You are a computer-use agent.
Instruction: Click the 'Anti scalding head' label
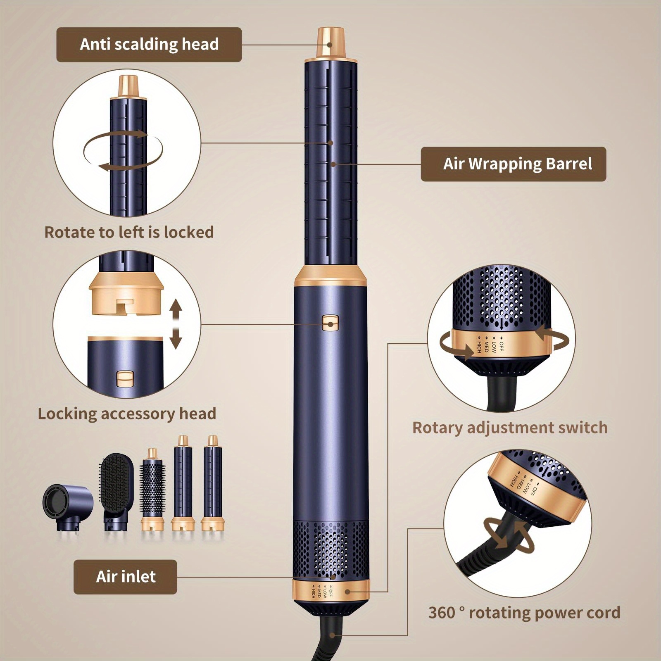[149, 45]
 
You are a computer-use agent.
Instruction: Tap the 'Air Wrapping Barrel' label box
[513, 164]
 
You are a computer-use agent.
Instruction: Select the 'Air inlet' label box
[125, 577]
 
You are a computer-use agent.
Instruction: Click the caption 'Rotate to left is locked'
[129, 232]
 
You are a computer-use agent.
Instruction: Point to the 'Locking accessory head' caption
[127, 414]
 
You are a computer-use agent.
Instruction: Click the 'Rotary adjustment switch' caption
[510, 428]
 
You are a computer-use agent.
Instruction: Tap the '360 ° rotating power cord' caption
[524, 612]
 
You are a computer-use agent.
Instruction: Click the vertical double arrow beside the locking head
[176, 324]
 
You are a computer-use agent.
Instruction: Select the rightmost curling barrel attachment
[212, 483]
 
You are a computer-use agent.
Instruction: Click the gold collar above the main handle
[331, 276]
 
